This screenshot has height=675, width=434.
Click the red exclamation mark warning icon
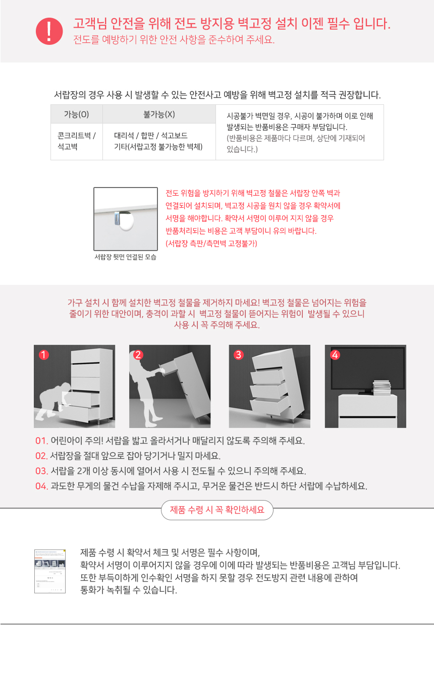click(x=49, y=31)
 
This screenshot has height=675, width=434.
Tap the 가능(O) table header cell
click(x=77, y=114)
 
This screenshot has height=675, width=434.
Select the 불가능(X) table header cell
click(x=159, y=114)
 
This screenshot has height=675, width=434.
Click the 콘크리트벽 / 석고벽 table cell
click(x=77, y=141)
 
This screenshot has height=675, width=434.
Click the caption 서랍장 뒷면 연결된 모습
click(x=126, y=257)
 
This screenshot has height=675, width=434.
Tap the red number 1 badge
click(x=44, y=355)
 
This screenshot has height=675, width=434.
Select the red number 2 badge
click(x=138, y=355)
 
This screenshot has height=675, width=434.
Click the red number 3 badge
click(x=239, y=355)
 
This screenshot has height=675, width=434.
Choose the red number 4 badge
click(x=335, y=355)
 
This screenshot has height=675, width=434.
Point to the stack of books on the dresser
click(x=382, y=387)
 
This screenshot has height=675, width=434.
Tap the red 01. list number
click(x=41, y=441)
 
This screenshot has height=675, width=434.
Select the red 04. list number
click(x=41, y=486)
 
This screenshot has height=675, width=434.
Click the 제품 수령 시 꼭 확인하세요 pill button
click(x=217, y=510)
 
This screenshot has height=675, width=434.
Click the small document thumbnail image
click(x=50, y=571)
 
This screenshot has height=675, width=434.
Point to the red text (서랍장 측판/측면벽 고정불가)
click(x=211, y=243)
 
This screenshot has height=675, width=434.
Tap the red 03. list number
click(x=41, y=471)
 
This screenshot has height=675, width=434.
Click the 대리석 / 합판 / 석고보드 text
click(x=151, y=136)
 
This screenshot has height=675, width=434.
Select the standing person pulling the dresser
click(x=147, y=389)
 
